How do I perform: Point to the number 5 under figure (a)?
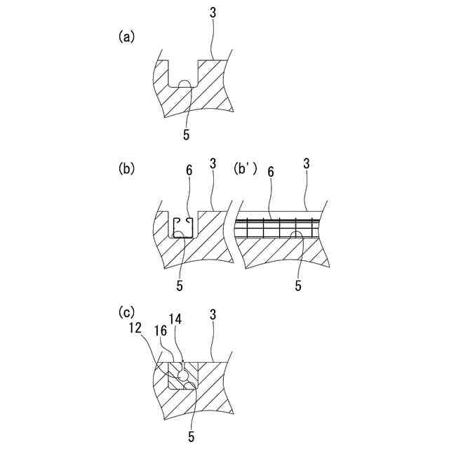pyautogui.click(x=187, y=133)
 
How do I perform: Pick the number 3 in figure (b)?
pyautogui.click(x=213, y=163)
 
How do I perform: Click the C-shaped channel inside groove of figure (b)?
pyautogui.click(x=183, y=227)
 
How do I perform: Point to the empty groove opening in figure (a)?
pyautogui.click(x=184, y=73)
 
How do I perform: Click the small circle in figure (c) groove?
pyautogui.click(x=182, y=377)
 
